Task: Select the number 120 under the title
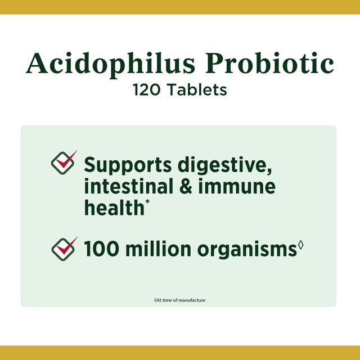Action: pos(145,90)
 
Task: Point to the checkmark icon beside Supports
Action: pos(64,162)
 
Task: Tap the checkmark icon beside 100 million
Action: pos(64,248)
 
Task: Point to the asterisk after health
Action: pos(147,201)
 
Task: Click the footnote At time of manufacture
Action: pos(180,300)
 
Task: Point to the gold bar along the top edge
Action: pos(180,7)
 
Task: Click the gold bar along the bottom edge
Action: pos(180,353)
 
